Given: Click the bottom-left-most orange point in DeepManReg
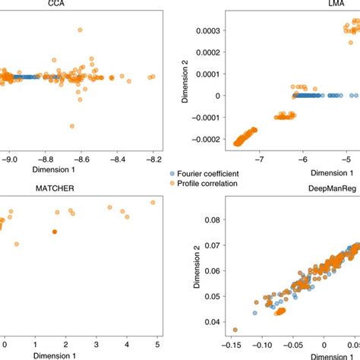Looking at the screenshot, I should [235, 330].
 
